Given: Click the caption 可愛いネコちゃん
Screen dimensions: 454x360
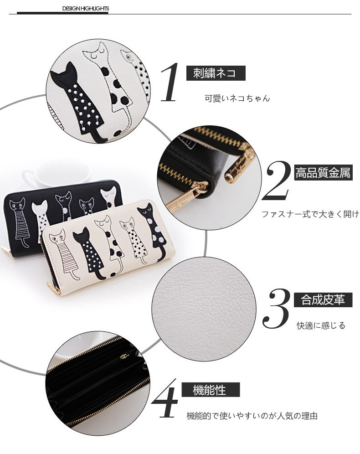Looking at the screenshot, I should coord(237,98).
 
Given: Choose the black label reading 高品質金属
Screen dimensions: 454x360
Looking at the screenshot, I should coord(324,173).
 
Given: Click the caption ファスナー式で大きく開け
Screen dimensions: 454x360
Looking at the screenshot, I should coord(310,214).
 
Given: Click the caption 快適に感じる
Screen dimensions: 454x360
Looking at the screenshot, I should coord(321,325).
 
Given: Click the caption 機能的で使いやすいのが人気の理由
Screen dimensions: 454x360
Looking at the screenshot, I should coord(252,416).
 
